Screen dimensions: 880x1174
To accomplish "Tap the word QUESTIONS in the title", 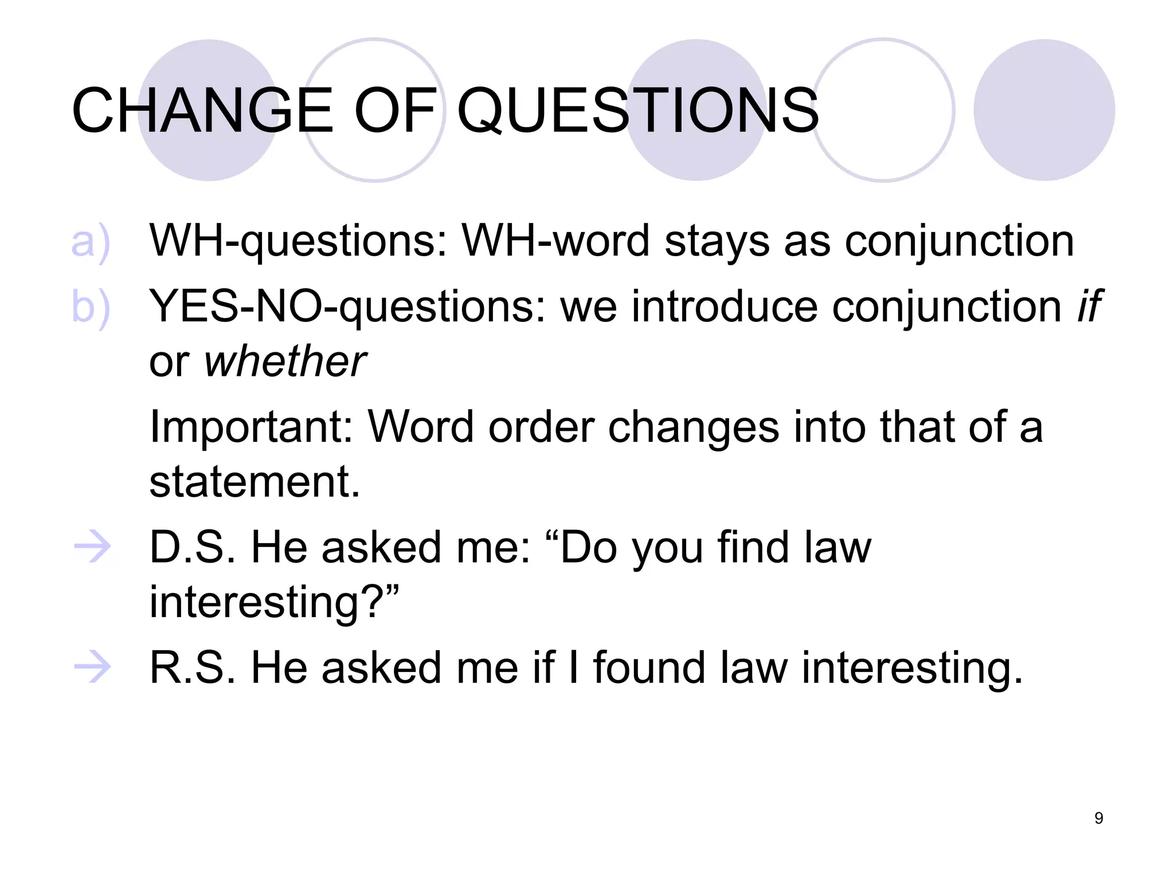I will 637,110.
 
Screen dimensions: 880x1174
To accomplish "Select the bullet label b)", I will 90,308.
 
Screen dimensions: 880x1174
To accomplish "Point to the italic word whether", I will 285,362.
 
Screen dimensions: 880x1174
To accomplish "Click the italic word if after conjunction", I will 1088,307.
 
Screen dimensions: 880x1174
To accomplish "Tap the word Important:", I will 251,427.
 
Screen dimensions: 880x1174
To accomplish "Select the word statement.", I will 255,482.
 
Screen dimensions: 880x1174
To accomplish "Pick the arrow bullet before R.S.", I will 92,668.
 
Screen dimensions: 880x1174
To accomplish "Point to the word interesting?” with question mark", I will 274,603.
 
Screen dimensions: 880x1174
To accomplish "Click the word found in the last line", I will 649,668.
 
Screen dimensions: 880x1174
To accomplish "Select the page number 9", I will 1098,818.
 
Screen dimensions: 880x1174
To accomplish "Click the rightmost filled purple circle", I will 1044,110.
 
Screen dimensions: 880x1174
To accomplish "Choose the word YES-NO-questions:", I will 347,307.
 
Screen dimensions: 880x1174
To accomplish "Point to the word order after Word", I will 541,427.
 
